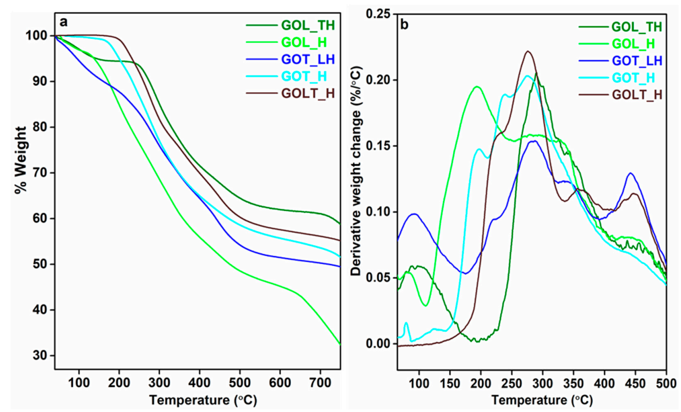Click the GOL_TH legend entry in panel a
pos(305,24)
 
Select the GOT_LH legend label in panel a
pos(307,59)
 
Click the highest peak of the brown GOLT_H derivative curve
pos(528,51)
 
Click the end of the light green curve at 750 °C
pos(340,344)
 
